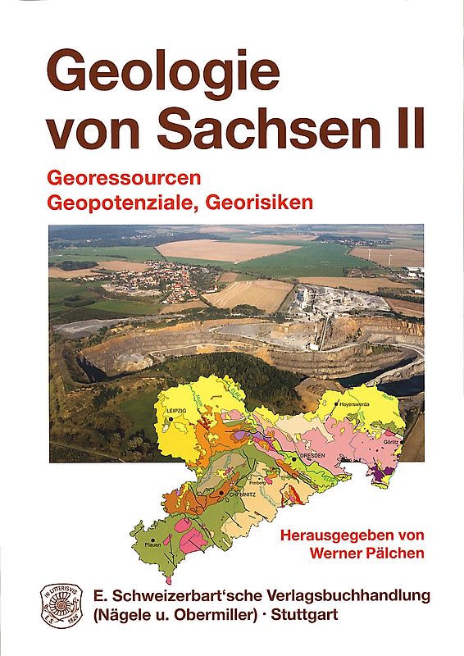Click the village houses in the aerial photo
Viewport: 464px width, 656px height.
156,282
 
